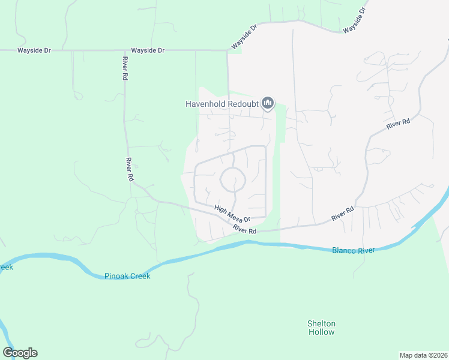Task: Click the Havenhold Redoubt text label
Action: (221, 104)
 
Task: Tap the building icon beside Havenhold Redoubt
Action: (268, 104)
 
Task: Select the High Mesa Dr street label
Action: (232, 214)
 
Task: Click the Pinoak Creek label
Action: (127, 276)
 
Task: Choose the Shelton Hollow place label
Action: (321, 328)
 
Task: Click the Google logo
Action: (20, 353)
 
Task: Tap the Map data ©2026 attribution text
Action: (423, 355)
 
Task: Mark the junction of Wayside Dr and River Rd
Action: (124, 50)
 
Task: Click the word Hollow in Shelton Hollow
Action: (321, 332)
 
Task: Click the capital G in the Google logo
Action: (8, 353)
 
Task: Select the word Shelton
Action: (321, 323)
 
